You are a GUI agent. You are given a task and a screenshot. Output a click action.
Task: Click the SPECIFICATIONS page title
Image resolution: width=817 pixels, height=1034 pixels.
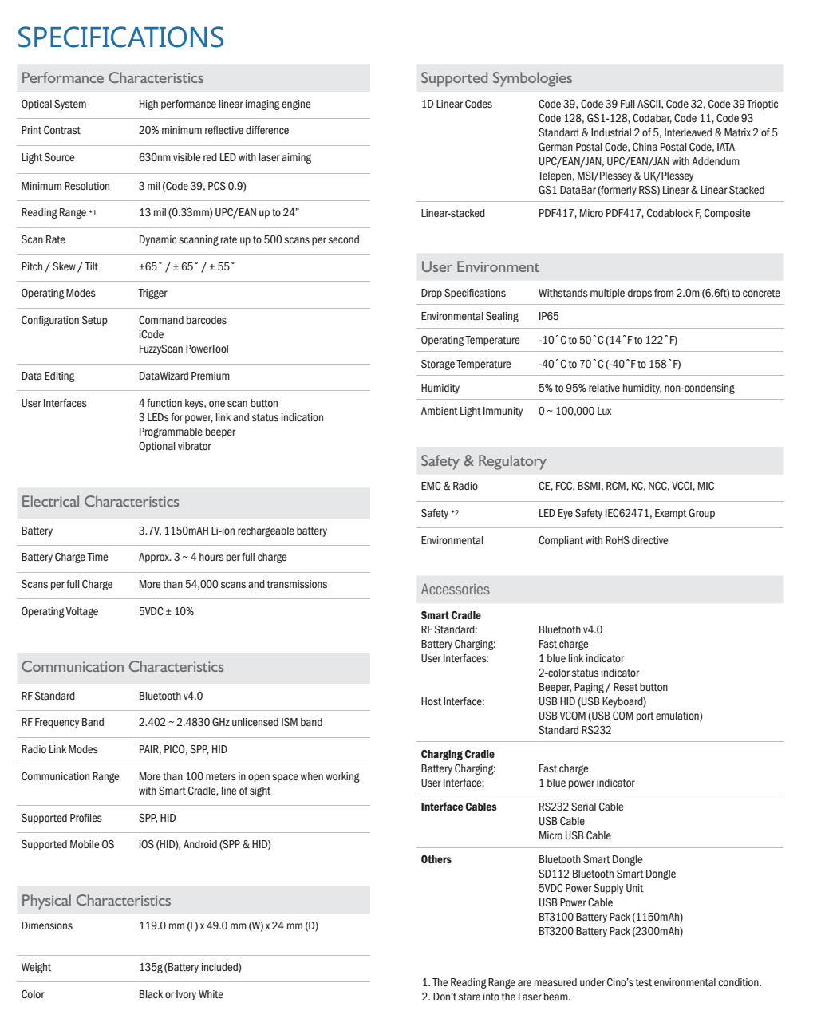coord(120,37)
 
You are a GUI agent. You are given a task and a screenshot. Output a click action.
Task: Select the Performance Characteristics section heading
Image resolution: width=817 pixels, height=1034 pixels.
coord(112,78)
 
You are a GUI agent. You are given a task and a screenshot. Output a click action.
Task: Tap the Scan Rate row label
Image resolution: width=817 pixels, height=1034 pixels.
coord(43,239)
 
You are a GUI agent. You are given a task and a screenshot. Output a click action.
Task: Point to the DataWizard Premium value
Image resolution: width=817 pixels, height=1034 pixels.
coord(184,376)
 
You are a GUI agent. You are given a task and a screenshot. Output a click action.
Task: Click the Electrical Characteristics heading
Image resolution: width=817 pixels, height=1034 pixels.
coord(101,502)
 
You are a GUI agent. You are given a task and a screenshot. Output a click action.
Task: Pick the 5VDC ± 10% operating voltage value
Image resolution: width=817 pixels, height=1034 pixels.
coord(166,611)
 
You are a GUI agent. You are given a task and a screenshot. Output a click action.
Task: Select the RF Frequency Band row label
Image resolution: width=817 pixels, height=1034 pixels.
coord(62,722)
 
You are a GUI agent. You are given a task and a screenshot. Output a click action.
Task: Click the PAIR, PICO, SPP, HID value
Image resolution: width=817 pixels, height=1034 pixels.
coord(183,749)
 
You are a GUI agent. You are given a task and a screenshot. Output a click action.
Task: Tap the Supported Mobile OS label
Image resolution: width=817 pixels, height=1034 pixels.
coord(68,844)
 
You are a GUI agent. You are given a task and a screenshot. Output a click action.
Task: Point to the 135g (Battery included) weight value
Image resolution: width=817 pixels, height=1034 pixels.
coord(190,967)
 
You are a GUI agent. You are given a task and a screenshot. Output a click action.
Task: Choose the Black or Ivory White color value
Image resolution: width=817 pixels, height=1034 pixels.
coord(181,994)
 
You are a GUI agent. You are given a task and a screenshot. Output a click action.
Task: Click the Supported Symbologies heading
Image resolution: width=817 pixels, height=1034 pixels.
coord(496,78)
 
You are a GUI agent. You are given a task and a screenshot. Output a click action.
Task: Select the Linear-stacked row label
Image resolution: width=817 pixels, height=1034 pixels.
coord(452,213)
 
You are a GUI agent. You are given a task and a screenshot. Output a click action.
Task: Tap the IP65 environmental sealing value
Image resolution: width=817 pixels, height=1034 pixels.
coord(548,316)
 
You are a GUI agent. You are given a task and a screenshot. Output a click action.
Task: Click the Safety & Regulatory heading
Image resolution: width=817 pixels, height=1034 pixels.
coord(483,461)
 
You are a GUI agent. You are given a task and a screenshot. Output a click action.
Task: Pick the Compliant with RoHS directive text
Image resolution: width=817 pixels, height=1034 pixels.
coord(603,540)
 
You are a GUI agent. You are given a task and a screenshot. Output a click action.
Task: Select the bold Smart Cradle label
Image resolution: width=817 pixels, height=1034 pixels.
coord(451,615)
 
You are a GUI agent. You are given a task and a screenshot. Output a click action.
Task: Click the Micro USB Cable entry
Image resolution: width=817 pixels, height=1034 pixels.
coord(574,835)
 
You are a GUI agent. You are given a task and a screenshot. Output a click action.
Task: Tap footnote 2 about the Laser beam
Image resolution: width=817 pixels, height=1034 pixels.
coord(496,997)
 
